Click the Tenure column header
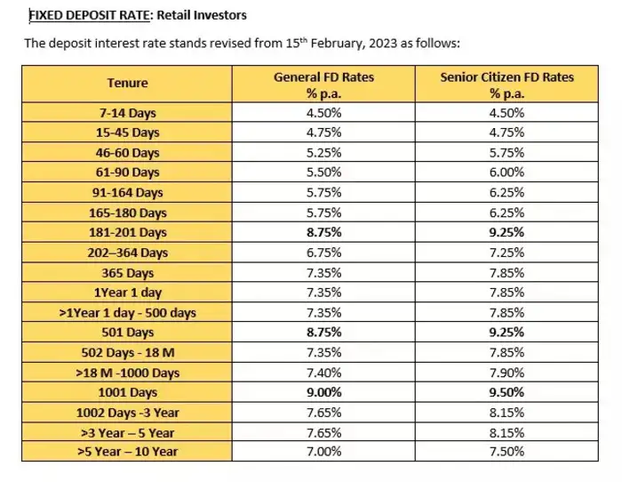point(127,84)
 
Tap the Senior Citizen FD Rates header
point(506,84)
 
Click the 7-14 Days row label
point(128,113)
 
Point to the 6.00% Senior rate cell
point(506,172)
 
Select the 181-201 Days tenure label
point(128,232)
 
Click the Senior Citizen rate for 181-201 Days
point(506,232)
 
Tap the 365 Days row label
point(128,272)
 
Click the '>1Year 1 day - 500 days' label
point(128,312)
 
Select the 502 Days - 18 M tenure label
point(128,352)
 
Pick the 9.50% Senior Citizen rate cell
point(506,391)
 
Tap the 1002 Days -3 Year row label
point(128,412)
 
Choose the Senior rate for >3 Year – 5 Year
point(506,431)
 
